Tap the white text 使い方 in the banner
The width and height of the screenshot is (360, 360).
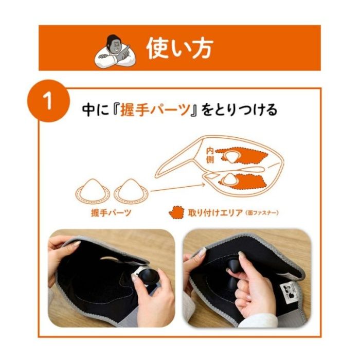pyautogui.click(x=179, y=48)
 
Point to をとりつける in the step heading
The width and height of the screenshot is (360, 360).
pyautogui.click(x=240, y=110)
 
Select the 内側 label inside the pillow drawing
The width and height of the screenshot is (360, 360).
pyautogui.click(x=210, y=155)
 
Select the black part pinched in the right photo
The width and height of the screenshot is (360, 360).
pyautogui.click(x=232, y=268)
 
